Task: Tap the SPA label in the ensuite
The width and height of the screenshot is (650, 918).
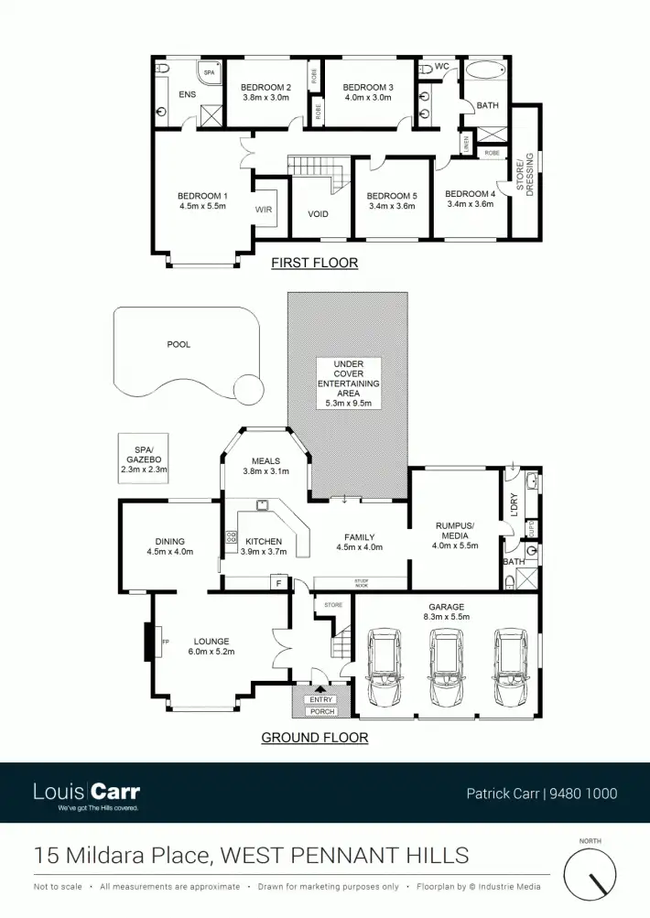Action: coord(209,72)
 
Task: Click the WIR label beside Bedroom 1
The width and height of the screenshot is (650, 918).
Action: coord(264,210)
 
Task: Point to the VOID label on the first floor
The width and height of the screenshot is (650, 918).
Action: coord(318,214)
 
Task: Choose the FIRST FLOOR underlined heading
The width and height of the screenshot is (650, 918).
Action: coord(314,263)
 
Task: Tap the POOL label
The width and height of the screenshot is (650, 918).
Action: coord(179,344)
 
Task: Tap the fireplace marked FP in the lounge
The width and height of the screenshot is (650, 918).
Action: coord(152,641)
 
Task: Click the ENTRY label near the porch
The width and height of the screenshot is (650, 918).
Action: coord(322,700)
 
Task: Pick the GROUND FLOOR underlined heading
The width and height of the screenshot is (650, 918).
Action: coord(315,738)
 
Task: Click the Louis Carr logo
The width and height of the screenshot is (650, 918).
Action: coord(86,794)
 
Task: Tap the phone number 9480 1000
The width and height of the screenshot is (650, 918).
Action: coord(583,794)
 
